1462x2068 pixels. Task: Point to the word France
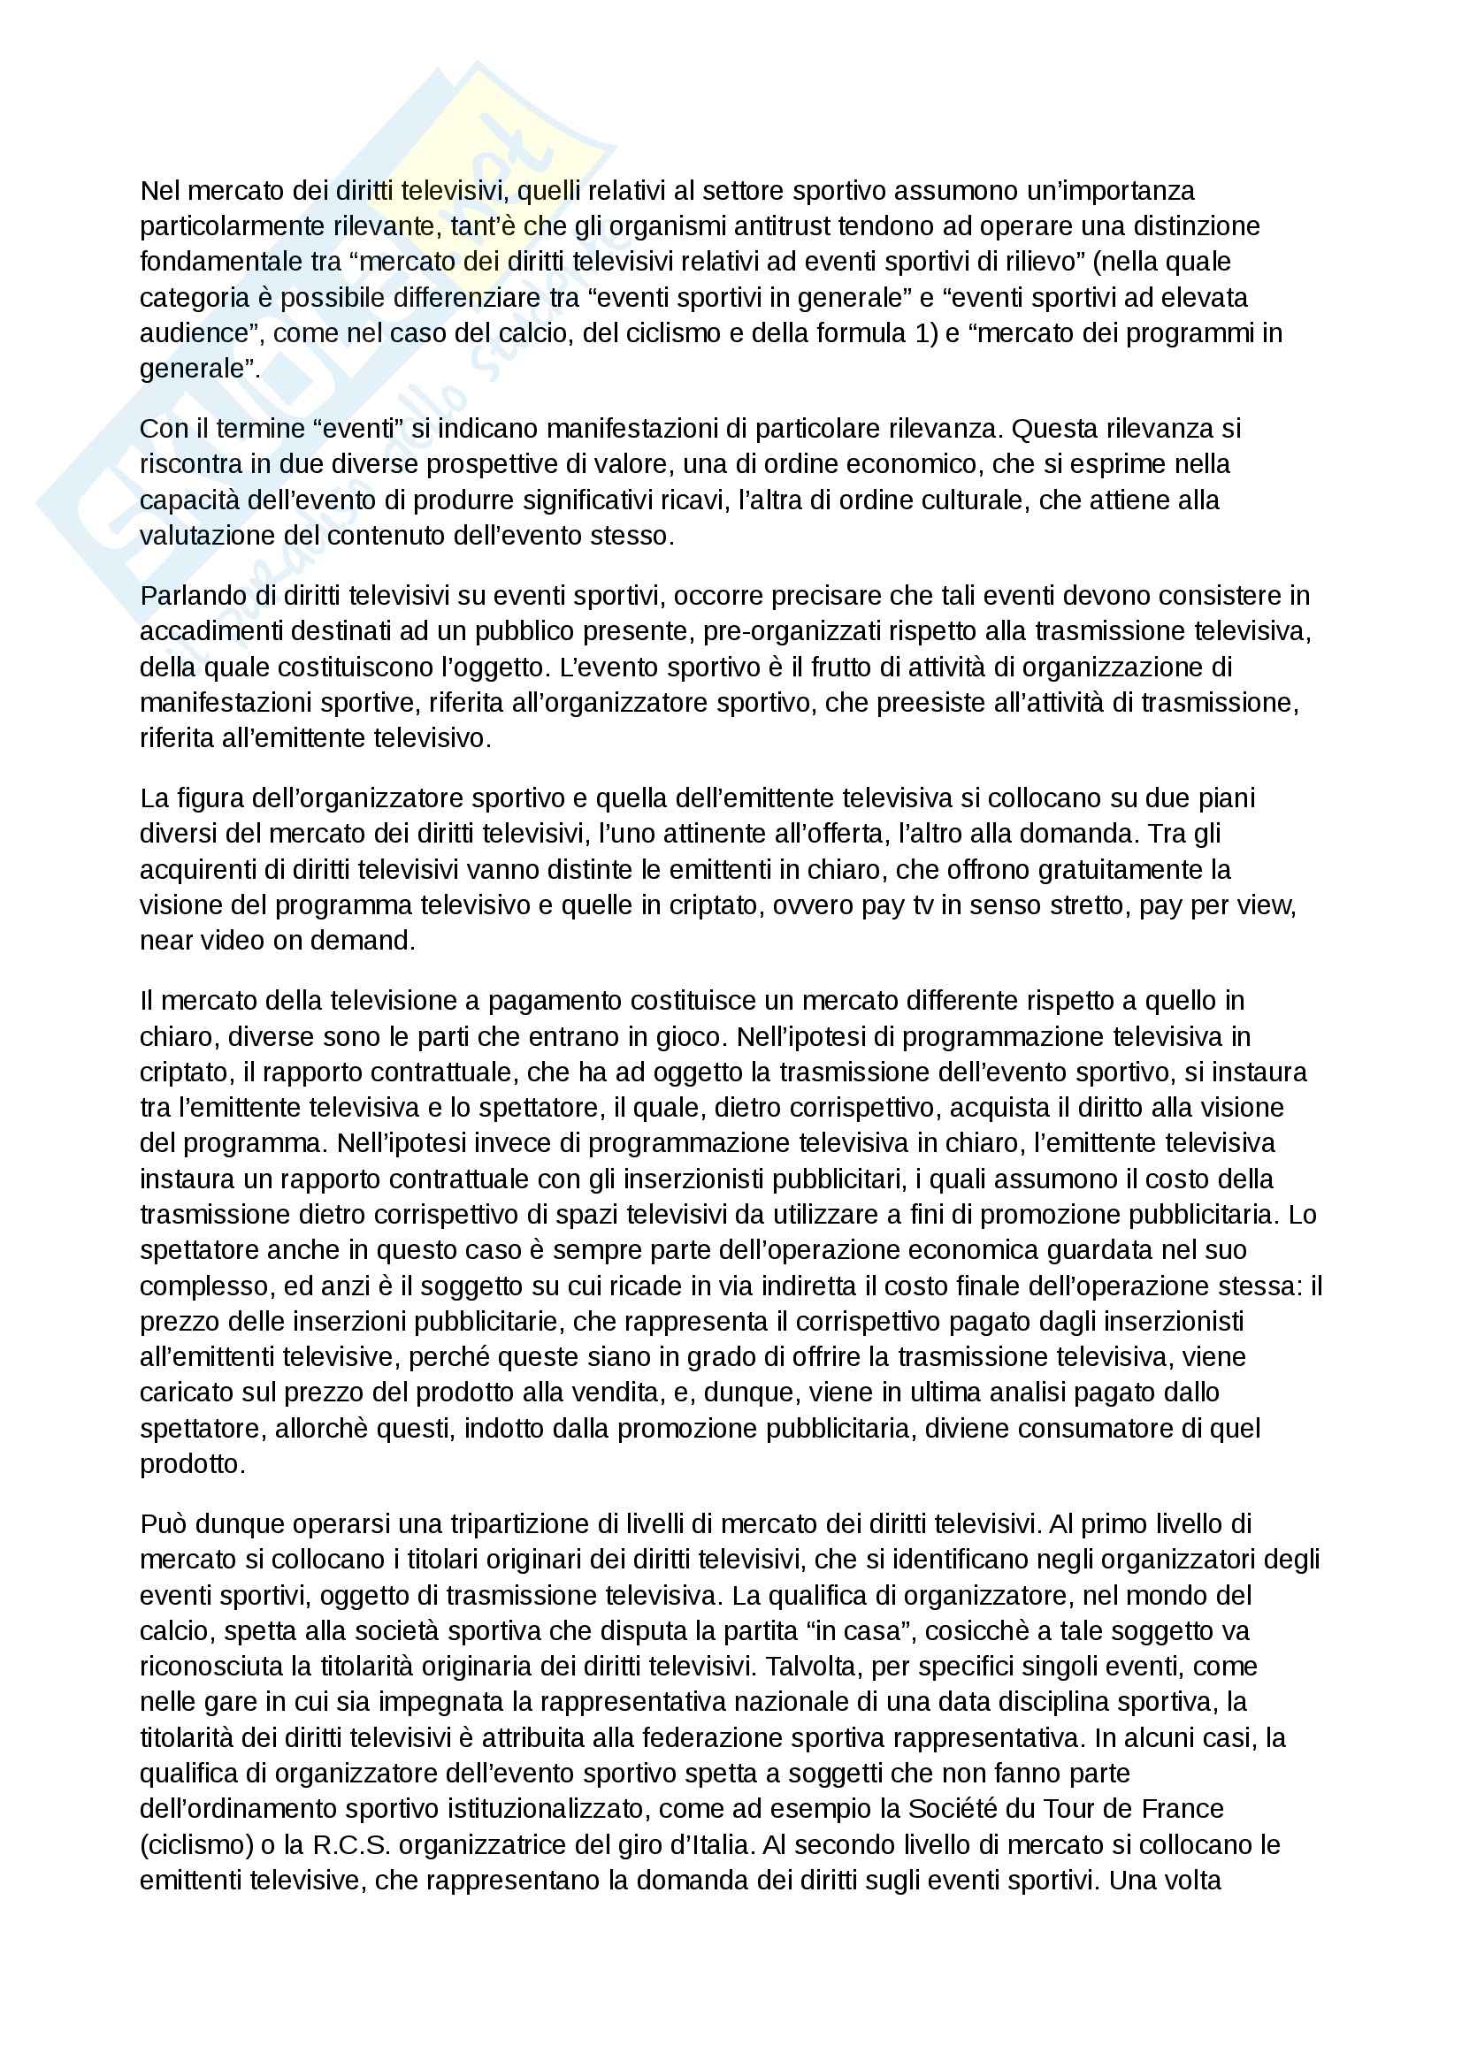pyautogui.click(x=1183, y=1810)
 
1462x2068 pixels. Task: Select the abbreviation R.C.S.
pyautogui.click(x=351, y=1845)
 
